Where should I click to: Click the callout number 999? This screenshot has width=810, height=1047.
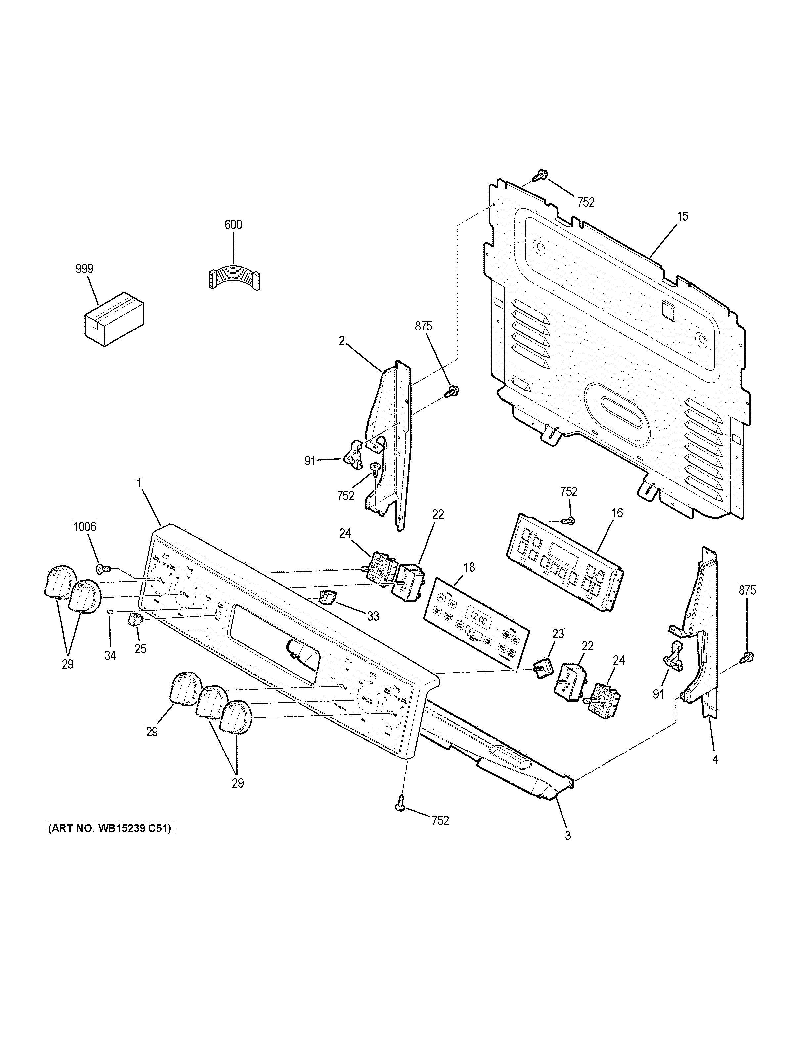(x=84, y=269)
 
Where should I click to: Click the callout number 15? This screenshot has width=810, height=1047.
(x=682, y=217)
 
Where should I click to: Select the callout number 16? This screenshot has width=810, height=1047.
(x=617, y=513)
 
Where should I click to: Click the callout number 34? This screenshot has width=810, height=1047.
(x=110, y=656)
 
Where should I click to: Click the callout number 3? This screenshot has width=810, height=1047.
(x=568, y=835)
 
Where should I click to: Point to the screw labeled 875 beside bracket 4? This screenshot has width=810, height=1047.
(x=747, y=657)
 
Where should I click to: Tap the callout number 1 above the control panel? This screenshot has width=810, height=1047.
(x=139, y=483)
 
